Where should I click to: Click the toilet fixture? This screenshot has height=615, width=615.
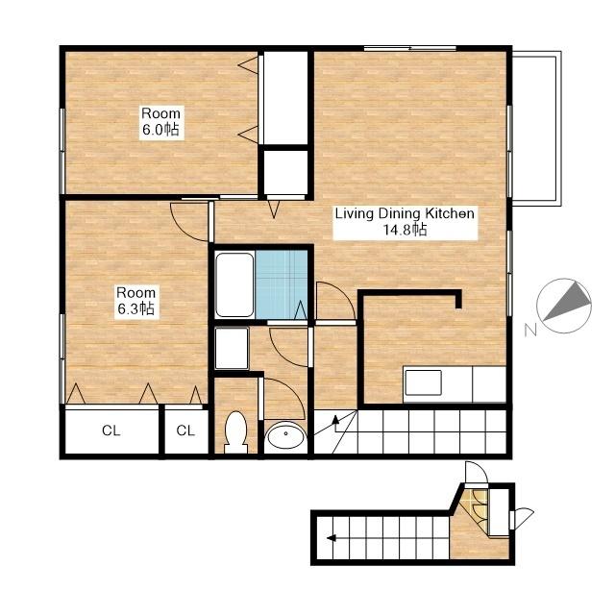(x=235, y=432)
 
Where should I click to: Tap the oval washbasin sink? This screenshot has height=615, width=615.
(x=285, y=434)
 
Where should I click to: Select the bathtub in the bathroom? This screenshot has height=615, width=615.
(x=234, y=284)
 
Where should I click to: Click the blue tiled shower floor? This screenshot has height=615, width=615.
(x=282, y=284)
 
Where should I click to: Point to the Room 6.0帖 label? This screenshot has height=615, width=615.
(x=160, y=121)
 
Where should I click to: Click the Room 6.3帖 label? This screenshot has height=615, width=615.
(x=136, y=301)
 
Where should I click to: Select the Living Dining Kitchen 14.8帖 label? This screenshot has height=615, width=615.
(x=405, y=222)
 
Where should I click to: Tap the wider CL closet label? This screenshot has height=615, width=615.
(x=111, y=430)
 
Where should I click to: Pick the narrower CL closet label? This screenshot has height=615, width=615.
(x=185, y=430)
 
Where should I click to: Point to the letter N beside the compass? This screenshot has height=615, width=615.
(x=530, y=331)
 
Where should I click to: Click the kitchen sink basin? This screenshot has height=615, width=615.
(x=423, y=382)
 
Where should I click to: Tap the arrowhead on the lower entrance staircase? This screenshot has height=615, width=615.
(x=332, y=538)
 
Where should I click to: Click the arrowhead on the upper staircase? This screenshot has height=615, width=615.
(x=335, y=420)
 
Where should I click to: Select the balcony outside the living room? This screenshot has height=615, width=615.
(x=536, y=129)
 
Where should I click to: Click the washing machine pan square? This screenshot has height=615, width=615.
(x=232, y=348)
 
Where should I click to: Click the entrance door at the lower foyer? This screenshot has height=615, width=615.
(x=523, y=519)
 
